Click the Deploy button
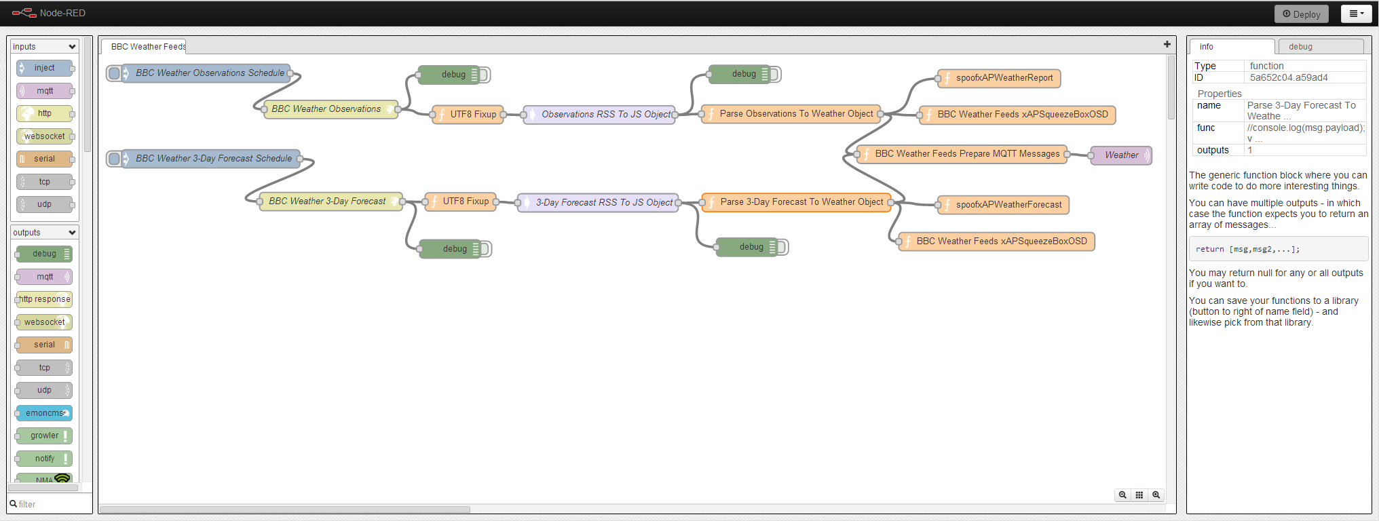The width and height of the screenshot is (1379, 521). pyautogui.click(x=1301, y=14)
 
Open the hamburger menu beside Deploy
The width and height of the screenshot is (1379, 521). pyautogui.click(x=1356, y=14)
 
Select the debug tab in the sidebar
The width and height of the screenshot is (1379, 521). pyautogui.click(x=1321, y=46)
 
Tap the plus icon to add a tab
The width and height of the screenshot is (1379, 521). pyautogui.click(x=1167, y=44)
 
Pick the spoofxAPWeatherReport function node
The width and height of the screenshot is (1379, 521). pyautogui.click(x=999, y=78)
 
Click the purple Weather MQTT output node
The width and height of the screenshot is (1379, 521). pyautogui.click(x=1121, y=155)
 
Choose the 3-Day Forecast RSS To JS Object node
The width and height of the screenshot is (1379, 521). pyautogui.click(x=598, y=202)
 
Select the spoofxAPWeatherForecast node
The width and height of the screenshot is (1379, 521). pyautogui.click(x=1003, y=205)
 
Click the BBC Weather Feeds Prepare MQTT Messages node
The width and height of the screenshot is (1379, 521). pyautogui.click(x=962, y=154)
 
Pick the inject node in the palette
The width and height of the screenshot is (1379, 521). pyautogui.click(x=44, y=68)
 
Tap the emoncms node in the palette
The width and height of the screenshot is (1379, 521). pyautogui.click(x=44, y=413)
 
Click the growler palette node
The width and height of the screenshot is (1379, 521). pyautogui.click(x=44, y=436)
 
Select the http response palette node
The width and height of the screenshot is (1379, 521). pyautogui.click(x=44, y=299)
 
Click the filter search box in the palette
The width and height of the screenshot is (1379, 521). pyautogui.click(x=50, y=504)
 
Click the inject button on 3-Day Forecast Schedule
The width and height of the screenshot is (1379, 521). pyautogui.click(x=114, y=159)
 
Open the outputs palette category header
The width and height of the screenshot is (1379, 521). pyautogui.click(x=45, y=233)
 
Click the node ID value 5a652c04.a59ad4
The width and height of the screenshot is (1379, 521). pyautogui.click(x=1289, y=77)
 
